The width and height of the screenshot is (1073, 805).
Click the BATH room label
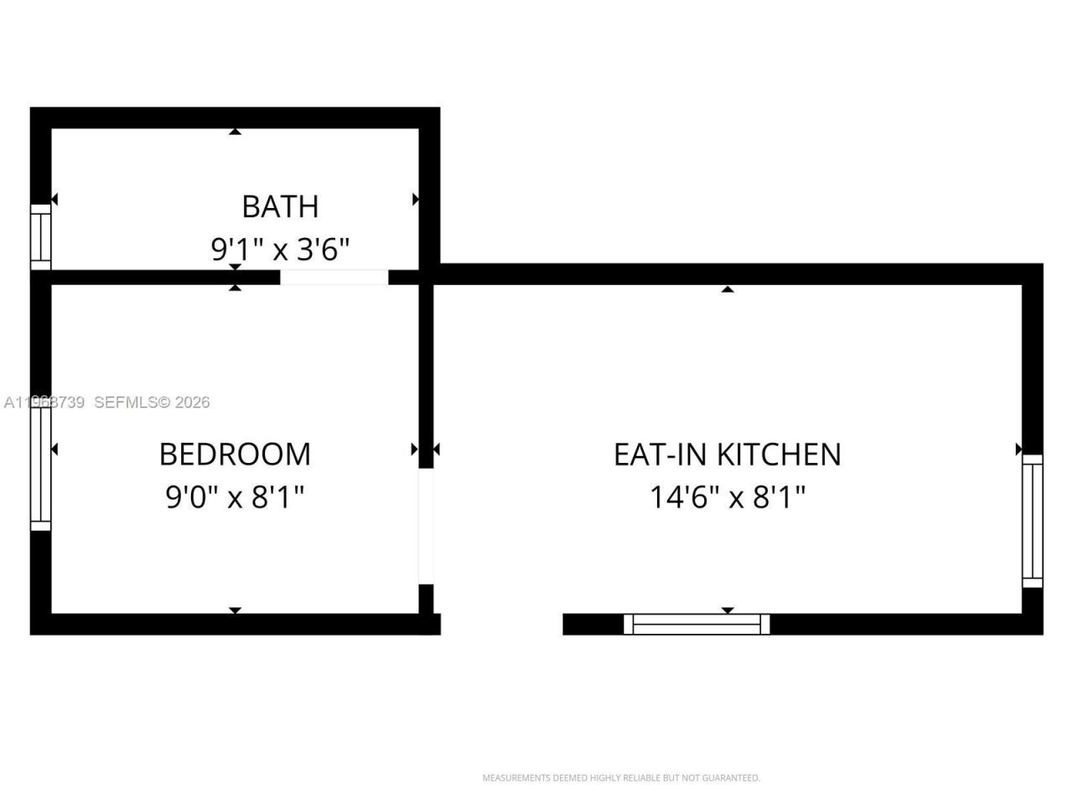tap(280, 206)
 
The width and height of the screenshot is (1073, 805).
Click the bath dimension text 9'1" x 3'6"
tap(280, 249)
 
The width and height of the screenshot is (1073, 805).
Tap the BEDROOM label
tap(235, 454)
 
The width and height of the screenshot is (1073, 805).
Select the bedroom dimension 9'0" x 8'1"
tap(235, 497)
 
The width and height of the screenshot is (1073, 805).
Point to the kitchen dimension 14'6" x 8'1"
tap(727, 497)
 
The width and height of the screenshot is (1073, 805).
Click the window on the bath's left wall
tap(40, 236)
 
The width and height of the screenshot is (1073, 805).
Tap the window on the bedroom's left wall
tap(40, 466)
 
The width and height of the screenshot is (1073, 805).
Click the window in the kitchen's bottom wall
tap(697, 624)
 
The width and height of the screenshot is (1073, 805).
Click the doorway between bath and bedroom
tap(334, 277)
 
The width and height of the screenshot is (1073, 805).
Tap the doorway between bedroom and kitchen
tap(426, 525)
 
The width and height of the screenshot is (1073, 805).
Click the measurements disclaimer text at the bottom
tap(621, 778)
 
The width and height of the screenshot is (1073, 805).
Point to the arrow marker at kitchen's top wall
tap(728, 289)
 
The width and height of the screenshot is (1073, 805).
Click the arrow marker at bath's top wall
tap(236, 132)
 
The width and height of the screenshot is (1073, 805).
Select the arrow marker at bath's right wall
tap(415, 200)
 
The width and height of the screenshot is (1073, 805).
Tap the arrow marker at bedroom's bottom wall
tap(236, 610)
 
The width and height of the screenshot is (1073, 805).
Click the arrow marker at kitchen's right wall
tap(1019, 449)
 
